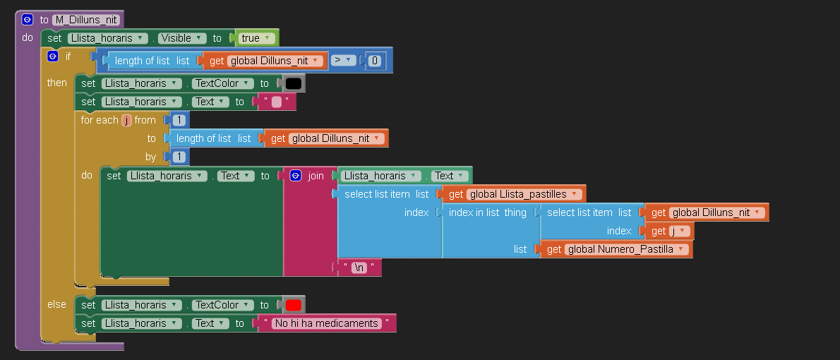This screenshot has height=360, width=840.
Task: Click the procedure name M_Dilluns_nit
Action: pyautogui.click(x=85, y=20)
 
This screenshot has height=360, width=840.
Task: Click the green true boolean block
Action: pyautogui.click(x=254, y=38)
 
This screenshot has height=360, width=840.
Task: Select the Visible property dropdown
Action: pyautogui.click(x=183, y=38)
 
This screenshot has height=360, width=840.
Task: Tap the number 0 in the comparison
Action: pyautogui.click(x=374, y=61)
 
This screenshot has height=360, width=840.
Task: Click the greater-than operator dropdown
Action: pyautogui.click(x=343, y=61)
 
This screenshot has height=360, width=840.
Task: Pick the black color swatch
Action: pyautogui.click(x=293, y=83)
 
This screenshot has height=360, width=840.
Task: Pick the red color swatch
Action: pyautogui.click(x=293, y=306)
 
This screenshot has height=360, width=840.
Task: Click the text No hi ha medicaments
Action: pyautogui.click(x=327, y=323)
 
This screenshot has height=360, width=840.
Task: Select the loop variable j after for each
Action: pyautogui.click(x=126, y=120)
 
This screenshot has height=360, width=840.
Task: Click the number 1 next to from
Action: pyautogui.click(x=179, y=120)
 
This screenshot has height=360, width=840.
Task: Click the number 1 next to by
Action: pyautogui.click(x=179, y=157)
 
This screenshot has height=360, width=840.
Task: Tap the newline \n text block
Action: pyautogui.click(x=359, y=268)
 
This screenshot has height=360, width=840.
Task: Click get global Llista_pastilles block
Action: pyautogui.click(x=515, y=194)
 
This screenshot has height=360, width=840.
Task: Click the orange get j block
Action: pyautogui.click(x=669, y=231)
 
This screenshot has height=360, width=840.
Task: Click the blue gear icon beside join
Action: pyautogui.click(x=296, y=176)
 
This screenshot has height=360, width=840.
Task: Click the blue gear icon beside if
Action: pyautogui.click(x=52, y=56)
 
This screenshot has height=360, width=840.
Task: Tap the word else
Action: pyautogui.click(x=56, y=304)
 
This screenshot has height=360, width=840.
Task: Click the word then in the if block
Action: pyautogui.click(x=56, y=83)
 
